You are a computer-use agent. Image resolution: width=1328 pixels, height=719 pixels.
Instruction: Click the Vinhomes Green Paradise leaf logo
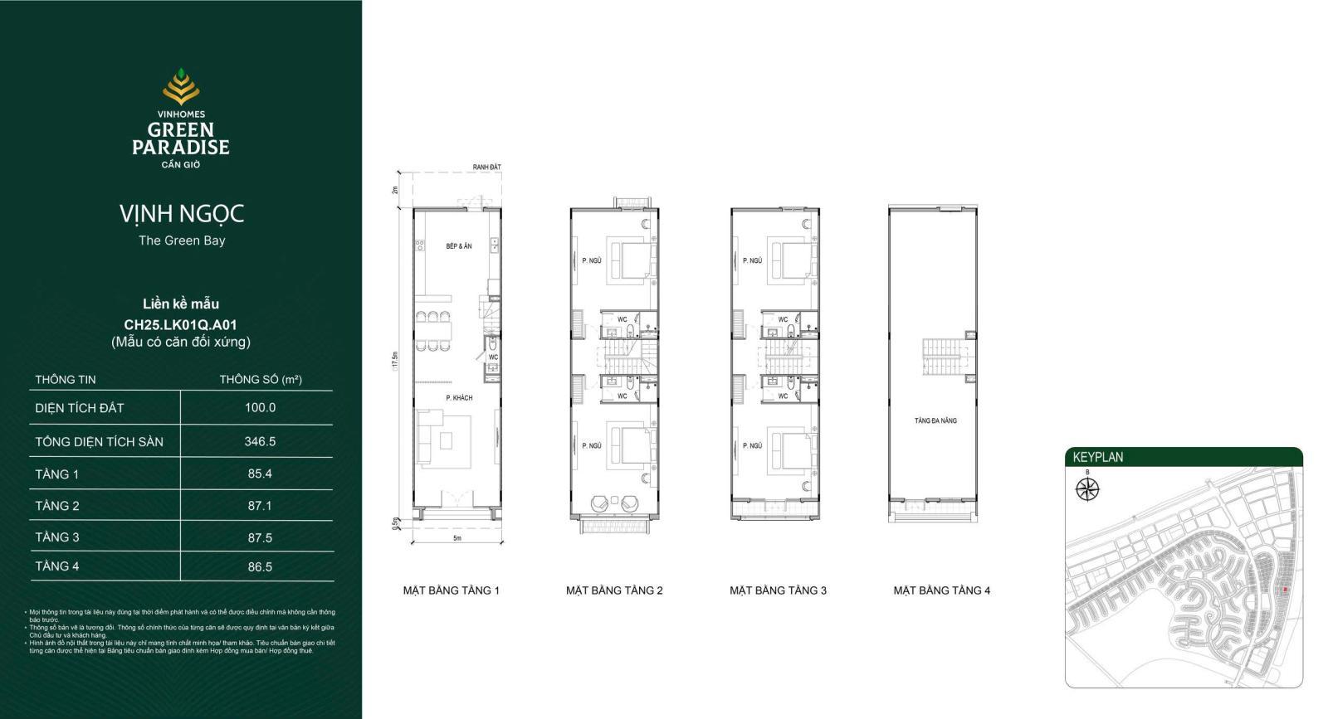[x=181, y=87]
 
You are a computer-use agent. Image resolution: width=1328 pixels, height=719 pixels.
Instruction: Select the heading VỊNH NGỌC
[x=182, y=214]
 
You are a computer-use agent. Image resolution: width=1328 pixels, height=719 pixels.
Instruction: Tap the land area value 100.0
[x=260, y=407]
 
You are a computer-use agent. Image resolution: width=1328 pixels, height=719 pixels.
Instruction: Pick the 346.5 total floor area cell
[x=260, y=441]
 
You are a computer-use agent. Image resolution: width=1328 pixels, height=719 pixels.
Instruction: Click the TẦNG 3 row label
[x=57, y=537]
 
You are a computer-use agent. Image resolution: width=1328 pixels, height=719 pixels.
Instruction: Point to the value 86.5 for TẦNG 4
[x=260, y=567]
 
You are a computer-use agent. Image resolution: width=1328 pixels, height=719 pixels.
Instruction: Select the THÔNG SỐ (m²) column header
[x=260, y=380]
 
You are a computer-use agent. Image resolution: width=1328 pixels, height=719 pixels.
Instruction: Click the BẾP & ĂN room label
[x=458, y=246]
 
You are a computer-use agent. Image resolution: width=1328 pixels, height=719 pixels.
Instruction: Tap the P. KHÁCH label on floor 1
[x=459, y=398]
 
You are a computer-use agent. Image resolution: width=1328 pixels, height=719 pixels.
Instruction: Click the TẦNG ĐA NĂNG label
[x=935, y=421]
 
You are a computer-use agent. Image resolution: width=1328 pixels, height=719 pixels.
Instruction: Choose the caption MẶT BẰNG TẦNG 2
[x=614, y=590]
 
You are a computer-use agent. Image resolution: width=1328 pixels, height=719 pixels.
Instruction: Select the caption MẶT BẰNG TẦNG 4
[x=941, y=590]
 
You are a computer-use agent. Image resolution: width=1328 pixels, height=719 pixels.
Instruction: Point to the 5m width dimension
[x=457, y=538]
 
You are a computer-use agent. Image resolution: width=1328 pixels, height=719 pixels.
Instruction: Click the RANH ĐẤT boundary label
[x=487, y=168]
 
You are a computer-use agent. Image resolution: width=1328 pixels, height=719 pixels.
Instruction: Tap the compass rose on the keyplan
[x=1087, y=489]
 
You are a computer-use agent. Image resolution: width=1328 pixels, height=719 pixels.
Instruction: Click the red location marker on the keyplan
[x=1285, y=590]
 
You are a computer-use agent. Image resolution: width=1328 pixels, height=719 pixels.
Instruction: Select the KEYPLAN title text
[x=1097, y=457]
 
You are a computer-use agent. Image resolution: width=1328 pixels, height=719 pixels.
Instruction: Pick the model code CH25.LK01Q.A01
[x=180, y=325]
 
